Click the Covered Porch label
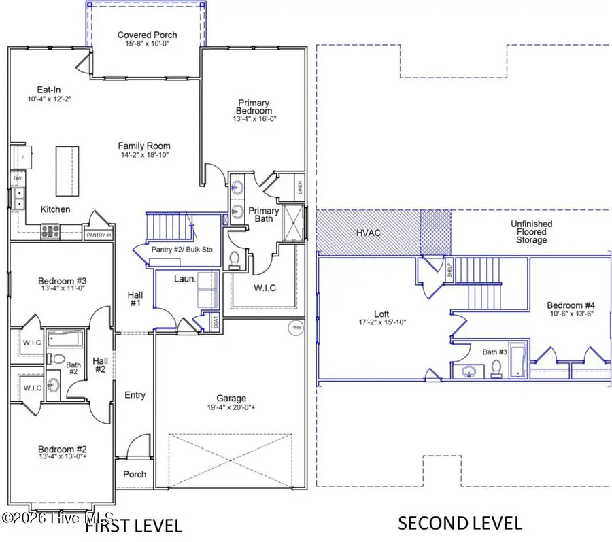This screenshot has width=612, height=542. pos(147,35)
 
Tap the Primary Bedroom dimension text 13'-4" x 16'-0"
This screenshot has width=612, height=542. pos(254,118)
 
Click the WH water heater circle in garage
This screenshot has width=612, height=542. pos(295,327)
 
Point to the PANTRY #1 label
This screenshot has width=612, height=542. pos(99,235)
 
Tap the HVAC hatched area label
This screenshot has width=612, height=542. pos(367,233)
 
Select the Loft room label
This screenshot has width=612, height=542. pos(381,314)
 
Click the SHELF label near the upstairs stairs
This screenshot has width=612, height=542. pos(449,270)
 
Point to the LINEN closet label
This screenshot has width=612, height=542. pos(300,186)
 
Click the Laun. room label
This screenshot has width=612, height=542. pos(184,279)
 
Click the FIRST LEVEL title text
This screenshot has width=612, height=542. pos(133,525)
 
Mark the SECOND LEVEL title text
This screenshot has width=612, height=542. pos(460,523)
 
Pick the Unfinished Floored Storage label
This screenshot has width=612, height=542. pos(531,232)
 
